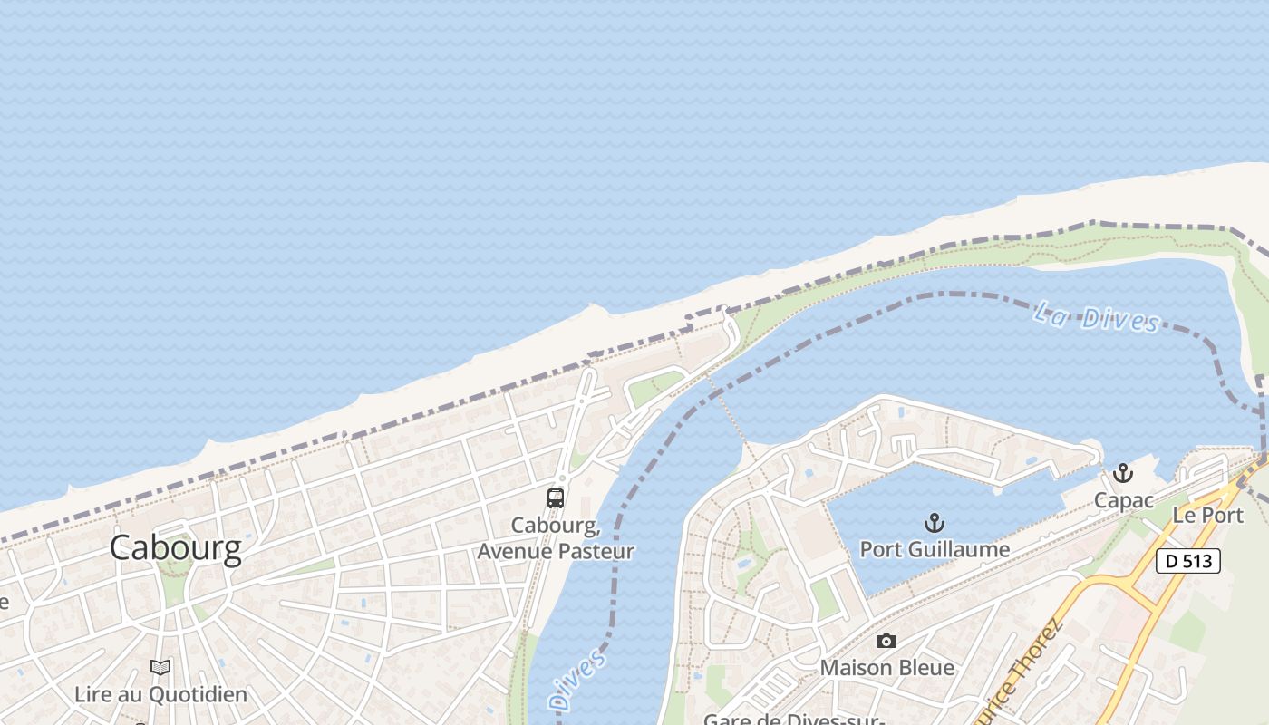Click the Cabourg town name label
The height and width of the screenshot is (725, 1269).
click(x=176, y=548)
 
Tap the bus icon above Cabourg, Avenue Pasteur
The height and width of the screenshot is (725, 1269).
click(x=556, y=498)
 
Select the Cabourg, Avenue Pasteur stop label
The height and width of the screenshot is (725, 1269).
click(x=556, y=537)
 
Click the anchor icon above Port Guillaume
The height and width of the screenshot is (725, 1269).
click(x=934, y=523)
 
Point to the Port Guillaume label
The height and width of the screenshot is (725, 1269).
click(x=935, y=549)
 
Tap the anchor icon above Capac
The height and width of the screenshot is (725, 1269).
click(x=1123, y=473)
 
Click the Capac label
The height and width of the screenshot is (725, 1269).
click(x=1123, y=500)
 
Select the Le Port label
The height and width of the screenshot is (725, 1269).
click(x=1207, y=515)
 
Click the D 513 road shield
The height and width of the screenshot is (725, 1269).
click(x=1188, y=561)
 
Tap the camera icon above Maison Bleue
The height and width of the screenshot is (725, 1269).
click(x=886, y=642)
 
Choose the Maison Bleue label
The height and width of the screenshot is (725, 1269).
click(x=886, y=668)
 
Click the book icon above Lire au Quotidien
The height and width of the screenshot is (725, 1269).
click(x=160, y=668)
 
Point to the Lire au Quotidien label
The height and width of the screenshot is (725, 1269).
click(x=160, y=695)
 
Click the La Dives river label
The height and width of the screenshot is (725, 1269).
click(x=1097, y=317)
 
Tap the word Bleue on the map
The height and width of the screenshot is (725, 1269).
click(x=925, y=668)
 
